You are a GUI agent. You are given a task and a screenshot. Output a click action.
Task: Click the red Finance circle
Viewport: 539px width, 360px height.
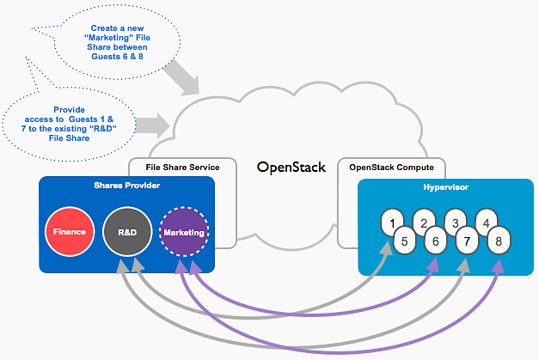point(69,232)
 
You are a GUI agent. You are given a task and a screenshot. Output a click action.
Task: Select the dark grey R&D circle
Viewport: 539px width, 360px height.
point(126,232)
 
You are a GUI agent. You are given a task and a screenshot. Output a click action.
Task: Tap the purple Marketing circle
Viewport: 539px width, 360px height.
point(185,232)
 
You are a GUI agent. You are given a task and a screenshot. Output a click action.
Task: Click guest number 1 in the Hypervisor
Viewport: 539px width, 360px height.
point(393,223)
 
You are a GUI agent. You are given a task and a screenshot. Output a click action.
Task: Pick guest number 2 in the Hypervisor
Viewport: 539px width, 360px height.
point(422,223)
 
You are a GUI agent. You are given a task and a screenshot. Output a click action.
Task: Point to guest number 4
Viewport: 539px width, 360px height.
point(487,223)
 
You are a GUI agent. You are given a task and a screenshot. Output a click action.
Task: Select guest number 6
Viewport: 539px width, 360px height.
point(435,242)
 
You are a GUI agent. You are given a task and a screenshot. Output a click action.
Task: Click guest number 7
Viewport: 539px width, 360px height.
point(468,242)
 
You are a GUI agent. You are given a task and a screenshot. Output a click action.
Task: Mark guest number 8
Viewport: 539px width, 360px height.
point(499,241)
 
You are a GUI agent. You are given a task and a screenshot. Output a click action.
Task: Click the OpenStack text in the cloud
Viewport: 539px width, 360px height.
point(291,167)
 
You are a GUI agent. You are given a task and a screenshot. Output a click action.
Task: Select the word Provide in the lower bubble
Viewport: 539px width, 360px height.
point(69,110)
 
